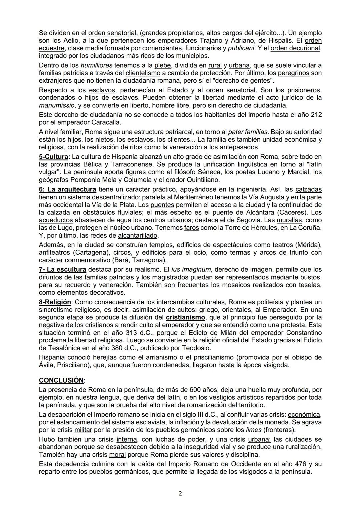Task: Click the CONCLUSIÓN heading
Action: click(x=61, y=380)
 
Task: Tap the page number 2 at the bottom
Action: click(x=180, y=494)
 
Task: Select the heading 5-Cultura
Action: click(x=54, y=157)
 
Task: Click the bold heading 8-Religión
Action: click(x=55, y=302)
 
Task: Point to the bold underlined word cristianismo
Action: click(x=185, y=317)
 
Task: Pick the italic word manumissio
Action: click(x=56, y=105)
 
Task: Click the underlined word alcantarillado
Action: click(x=137, y=236)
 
